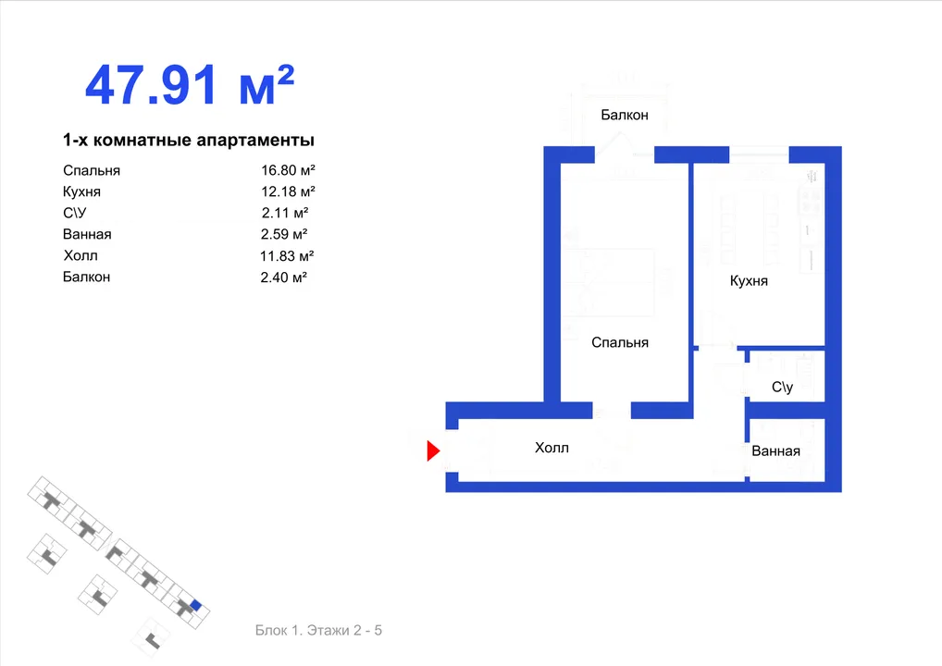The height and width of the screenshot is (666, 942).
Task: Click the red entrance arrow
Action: click(432, 451)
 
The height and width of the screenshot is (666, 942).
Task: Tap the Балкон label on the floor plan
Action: click(625, 115)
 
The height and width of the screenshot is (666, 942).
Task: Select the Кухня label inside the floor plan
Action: click(749, 281)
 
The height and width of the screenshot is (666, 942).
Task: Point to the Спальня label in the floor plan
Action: click(620, 342)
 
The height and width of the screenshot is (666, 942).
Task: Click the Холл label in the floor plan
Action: click(552, 448)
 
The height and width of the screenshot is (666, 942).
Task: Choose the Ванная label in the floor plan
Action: click(775, 451)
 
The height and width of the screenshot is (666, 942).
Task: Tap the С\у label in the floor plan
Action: click(782, 387)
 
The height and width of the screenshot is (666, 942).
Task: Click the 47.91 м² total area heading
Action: click(190, 85)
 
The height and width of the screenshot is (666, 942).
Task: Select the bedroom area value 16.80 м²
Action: click(288, 170)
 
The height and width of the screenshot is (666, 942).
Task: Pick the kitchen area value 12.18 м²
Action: click(288, 191)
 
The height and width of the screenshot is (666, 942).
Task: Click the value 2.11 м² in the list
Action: click(285, 213)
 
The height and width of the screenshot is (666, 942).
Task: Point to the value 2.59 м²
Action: click(283, 234)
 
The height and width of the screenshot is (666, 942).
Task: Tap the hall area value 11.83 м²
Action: click(287, 256)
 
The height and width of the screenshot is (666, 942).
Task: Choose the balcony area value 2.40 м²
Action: click(283, 277)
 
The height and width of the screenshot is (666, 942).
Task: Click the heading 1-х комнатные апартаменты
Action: click(189, 141)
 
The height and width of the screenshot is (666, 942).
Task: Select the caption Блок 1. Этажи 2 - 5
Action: click(318, 630)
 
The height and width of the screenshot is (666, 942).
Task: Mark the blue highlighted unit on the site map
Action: click(195, 605)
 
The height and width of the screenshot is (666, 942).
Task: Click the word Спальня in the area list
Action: click(92, 170)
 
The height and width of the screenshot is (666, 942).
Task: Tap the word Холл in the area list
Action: click(81, 256)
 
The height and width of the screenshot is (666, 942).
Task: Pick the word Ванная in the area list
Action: click(87, 234)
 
